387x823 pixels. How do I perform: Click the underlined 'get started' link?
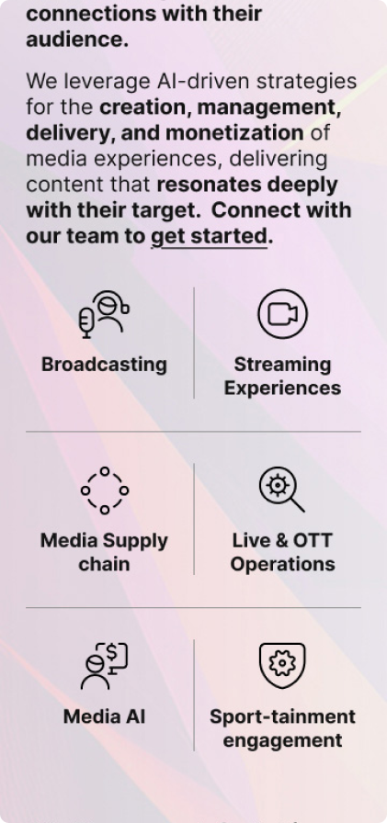pyautogui.click(x=209, y=237)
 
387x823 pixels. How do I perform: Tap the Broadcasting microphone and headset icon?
pyautogui.click(x=104, y=314)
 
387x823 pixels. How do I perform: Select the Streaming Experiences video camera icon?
pyautogui.click(x=282, y=314)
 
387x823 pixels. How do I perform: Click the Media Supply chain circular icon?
pyautogui.click(x=105, y=490)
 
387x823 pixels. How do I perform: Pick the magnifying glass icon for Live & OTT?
pyautogui.click(x=282, y=490)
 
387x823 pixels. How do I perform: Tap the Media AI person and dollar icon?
pyautogui.click(x=104, y=666)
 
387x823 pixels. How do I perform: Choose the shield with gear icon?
pyautogui.click(x=282, y=665)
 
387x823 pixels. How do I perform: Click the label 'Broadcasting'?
pyautogui.click(x=104, y=365)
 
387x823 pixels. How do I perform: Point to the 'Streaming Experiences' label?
pyautogui.click(x=282, y=377)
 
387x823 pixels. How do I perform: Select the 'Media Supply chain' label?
pyautogui.click(x=104, y=552)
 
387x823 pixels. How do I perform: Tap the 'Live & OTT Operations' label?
pyautogui.click(x=282, y=552)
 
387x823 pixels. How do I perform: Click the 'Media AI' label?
pyautogui.click(x=104, y=716)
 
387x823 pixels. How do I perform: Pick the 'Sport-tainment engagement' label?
pyautogui.click(x=282, y=728)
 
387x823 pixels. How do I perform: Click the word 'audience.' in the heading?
pyautogui.click(x=77, y=39)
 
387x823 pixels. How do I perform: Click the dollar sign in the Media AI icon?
pyautogui.click(x=112, y=652)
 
